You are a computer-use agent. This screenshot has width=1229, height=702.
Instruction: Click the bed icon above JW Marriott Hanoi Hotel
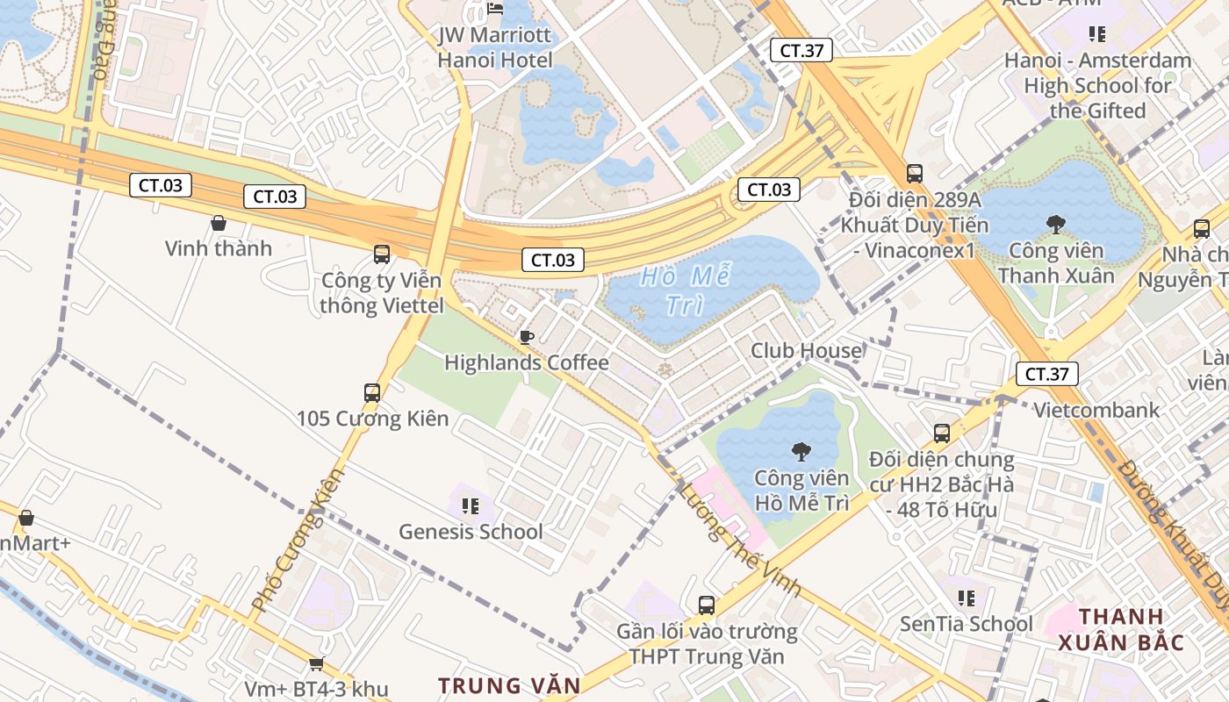click(495, 10)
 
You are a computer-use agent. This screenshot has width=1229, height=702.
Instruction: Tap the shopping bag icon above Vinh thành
click(219, 224)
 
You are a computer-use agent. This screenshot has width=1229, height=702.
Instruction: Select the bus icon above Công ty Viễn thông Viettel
click(382, 254)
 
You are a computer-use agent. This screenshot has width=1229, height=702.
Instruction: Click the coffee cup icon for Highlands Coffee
click(527, 337)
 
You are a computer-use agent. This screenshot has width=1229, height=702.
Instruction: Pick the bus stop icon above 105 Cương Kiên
click(372, 392)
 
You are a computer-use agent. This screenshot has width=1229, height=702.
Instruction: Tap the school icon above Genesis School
click(471, 506)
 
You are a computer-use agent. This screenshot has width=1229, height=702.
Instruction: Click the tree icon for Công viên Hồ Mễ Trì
click(801, 452)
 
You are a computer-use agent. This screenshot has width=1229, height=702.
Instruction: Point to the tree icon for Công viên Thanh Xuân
click(1055, 225)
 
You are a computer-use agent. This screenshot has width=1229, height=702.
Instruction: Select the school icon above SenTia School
click(967, 598)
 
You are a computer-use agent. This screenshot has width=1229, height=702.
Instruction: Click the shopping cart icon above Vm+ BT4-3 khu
click(316, 664)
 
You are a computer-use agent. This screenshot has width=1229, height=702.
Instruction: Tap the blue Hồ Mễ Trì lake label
click(686, 290)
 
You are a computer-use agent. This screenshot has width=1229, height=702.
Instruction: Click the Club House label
click(806, 351)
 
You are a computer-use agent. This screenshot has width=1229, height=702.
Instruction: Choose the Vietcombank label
click(1096, 410)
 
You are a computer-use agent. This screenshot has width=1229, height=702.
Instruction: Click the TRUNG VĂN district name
click(509, 685)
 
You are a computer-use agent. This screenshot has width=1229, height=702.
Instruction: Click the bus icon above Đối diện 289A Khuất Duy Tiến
click(915, 174)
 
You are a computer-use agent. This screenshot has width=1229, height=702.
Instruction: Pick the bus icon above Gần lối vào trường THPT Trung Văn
click(707, 605)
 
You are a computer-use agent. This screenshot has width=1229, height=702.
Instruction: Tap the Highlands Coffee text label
click(527, 362)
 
